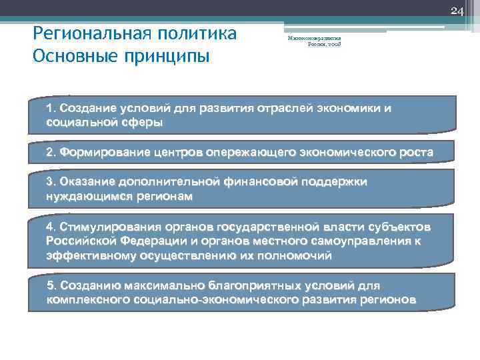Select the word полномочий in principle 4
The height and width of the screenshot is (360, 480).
click(x=293, y=255)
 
